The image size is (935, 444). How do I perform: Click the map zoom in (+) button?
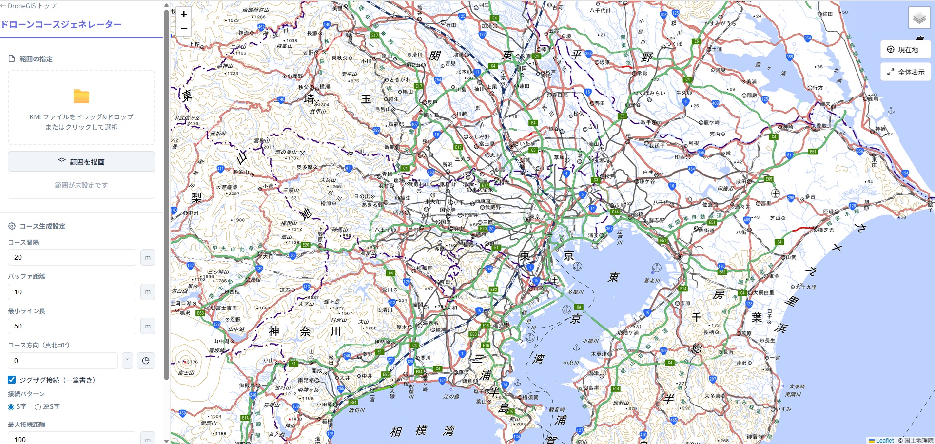tap(184, 14)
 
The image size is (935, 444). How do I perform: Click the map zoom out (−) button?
tap(184, 29)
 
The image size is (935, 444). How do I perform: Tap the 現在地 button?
tap(905, 49)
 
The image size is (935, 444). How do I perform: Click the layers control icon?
tap(919, 19)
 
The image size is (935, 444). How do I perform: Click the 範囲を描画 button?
tap(81, 162)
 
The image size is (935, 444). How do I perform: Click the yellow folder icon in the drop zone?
tap(81, 97)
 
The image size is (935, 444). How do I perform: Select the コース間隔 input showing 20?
tap(72, 257)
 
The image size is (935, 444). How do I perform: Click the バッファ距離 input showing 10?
tap(72, 292)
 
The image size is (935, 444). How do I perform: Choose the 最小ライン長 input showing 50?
tap(72, 326)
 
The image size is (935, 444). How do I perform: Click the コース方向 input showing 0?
tap(63, 361)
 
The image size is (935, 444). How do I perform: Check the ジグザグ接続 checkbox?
tap(12, 380)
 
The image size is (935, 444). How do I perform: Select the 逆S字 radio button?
tap(38, 407)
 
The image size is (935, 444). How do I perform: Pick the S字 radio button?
tap(11, 407)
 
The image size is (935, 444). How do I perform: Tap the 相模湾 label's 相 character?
tap(396, 432)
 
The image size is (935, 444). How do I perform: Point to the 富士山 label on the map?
tap(186, 373)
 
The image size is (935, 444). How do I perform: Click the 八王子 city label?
tap(383, 229)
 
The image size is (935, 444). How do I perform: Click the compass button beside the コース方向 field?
tap(146, 361)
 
